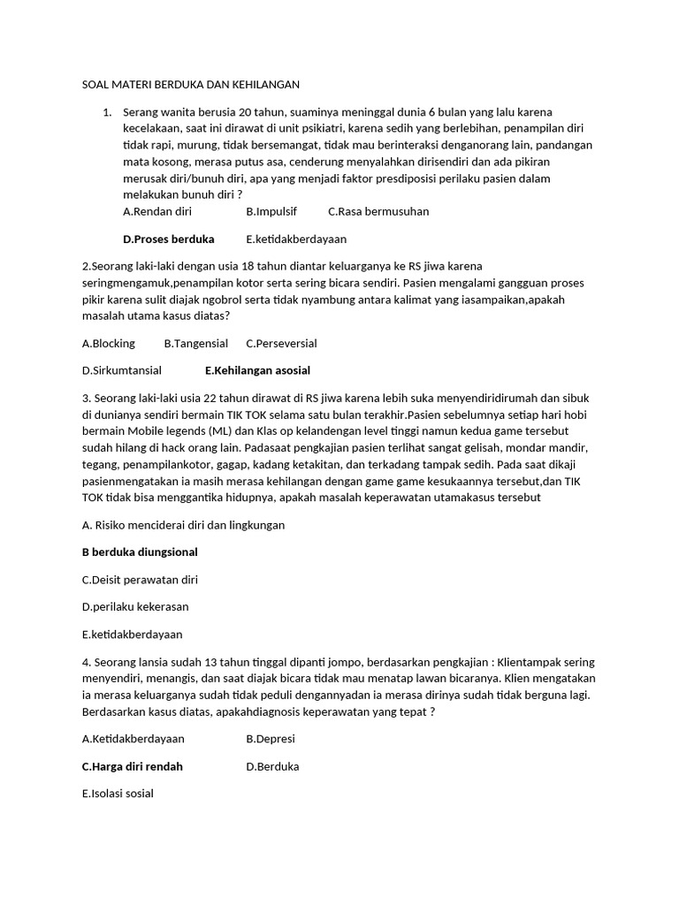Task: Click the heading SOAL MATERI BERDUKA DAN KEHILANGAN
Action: point(186,85)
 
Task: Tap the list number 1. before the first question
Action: point(107,112)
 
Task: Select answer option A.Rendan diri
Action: point(157,211)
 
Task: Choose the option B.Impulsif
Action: point(271,211)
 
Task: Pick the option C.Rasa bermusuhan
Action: point(378,211)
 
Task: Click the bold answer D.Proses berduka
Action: point(169,239)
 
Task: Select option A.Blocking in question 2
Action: point(109,343)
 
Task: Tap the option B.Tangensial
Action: point(196,343)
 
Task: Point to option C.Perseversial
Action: point(281,343)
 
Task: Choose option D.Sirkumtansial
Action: point(121,370)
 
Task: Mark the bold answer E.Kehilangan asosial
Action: point(257,370)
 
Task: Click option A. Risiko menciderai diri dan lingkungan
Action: point(183,525)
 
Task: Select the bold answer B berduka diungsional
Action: point(140,552)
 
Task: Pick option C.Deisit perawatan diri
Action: point(140,580)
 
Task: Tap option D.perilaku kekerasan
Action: point(134,607)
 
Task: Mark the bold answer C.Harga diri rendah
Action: point(132,766)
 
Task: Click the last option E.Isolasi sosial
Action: point(118,794)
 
